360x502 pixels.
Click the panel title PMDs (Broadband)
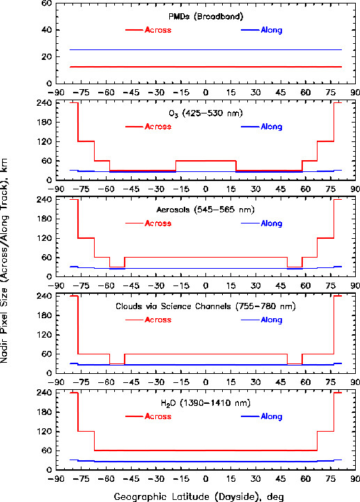pos(206,16)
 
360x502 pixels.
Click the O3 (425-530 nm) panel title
pos(206,113)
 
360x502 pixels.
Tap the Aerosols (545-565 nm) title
pos(205,210)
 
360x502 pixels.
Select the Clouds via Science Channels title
pos(205,306)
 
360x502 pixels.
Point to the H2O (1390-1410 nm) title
pos(205,403)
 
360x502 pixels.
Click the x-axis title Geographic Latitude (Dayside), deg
pos(199,496)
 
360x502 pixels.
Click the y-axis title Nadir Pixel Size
pos(4,261)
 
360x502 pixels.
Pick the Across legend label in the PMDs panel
pos(158,30)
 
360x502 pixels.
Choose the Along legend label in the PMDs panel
pos(272,30)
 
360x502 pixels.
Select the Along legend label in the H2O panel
pos(272,416)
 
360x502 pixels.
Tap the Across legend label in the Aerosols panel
pos(158,223)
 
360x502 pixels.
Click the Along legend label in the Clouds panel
pos(272,320)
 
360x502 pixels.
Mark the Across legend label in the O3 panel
pos(158,127)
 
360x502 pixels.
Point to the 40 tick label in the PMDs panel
pos(46,30)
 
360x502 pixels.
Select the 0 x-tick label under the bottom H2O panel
pos(205,479)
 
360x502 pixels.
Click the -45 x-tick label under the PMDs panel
pos(131,93)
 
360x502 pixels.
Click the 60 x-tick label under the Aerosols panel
pos(306,285)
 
